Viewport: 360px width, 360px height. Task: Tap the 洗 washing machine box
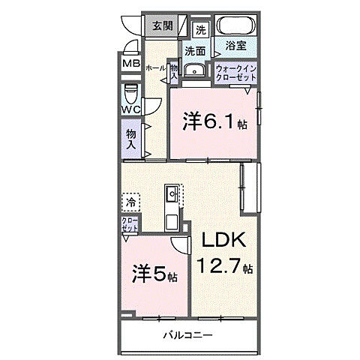click(200, 30)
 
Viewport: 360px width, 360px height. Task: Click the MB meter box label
click(131, 64)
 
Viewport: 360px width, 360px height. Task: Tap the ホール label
click(155, 67)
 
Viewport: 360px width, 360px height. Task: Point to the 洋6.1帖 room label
click(214, 122)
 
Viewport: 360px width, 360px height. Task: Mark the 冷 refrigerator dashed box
click(130, 202)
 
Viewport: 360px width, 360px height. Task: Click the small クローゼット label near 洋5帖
click(130, 225)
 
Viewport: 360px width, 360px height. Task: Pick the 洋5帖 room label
click(155, 274)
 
